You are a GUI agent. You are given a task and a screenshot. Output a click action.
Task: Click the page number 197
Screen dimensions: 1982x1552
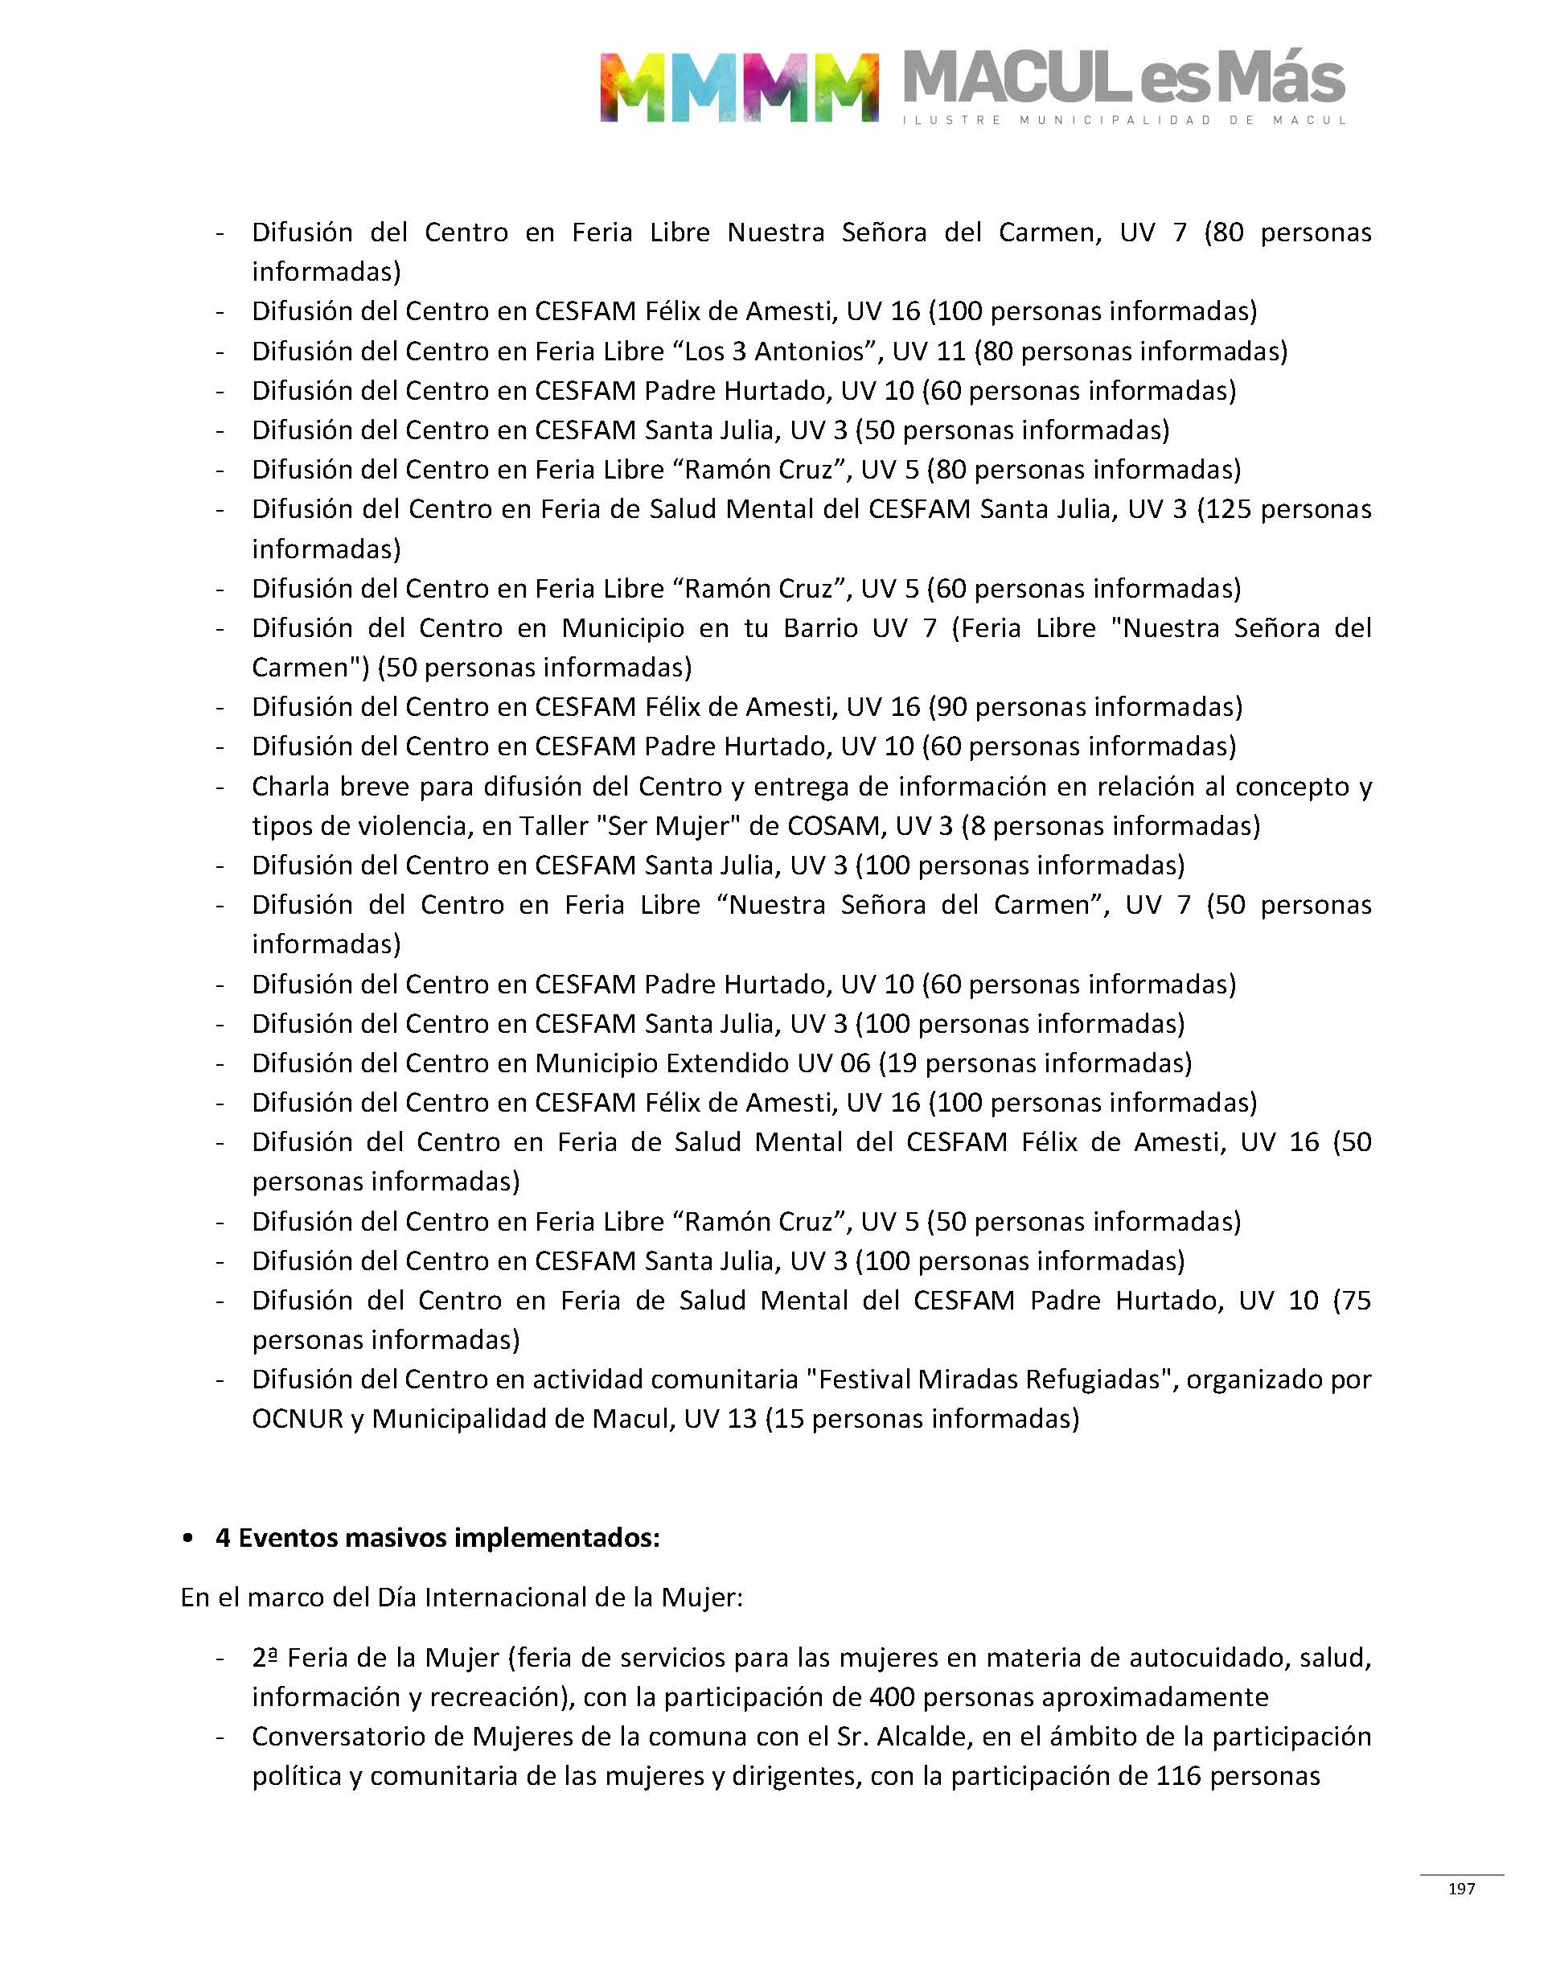1461,1889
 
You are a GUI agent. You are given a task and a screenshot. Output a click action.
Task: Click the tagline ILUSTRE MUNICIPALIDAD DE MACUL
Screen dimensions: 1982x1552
1124,120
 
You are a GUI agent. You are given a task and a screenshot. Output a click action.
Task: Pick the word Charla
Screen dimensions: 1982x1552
291,786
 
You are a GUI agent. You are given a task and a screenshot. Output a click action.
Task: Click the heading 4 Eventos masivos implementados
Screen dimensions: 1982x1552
437,1538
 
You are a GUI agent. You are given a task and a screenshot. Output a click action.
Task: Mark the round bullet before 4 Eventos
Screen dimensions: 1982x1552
188,1538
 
